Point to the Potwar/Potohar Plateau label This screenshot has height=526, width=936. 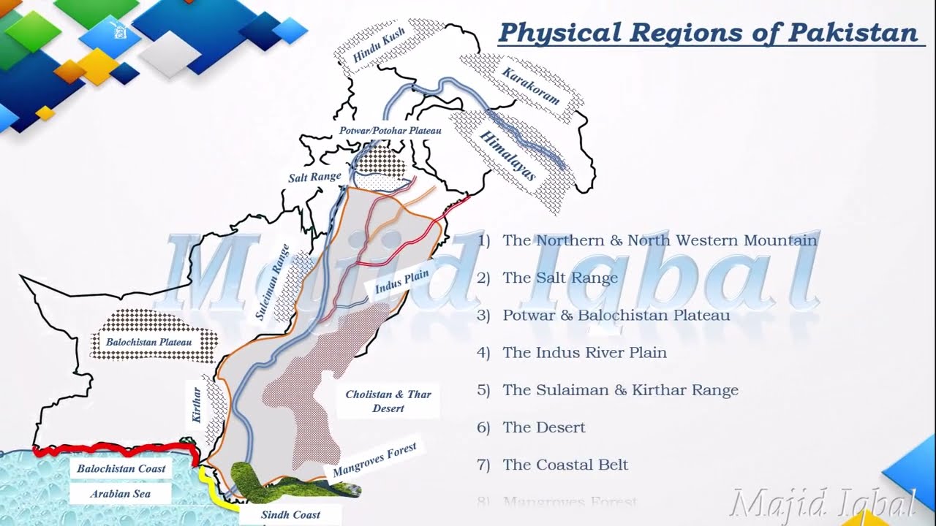(x=390, y=130)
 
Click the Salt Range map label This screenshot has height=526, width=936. (x=314, y=177)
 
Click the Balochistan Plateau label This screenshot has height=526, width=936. (x=148, y=341)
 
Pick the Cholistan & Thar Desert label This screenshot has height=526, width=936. (x=388, y=401)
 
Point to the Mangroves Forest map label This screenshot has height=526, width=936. (x=374, y=460)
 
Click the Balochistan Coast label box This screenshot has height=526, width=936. (x=121, y=468)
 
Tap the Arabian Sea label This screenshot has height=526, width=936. (x=120, y=494)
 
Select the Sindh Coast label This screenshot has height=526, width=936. (x=290, y=514)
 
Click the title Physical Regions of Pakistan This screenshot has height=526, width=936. (x=709, y=33)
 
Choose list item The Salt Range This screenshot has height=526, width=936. (x=560, y=278)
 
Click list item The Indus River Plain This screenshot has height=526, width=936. (x=584, y=353)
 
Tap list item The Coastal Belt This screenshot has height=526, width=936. (x=565, y=465)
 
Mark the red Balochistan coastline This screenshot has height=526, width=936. (x=110, y=449)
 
